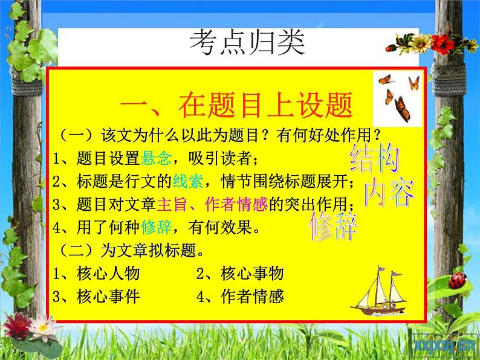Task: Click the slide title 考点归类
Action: [x=248, y=44]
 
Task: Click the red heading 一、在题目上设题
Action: [x=236, y=107]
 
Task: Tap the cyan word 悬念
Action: [x=156, y=159]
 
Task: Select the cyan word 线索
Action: [x=187, y=181]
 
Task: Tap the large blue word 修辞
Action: [x=334, y=227]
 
